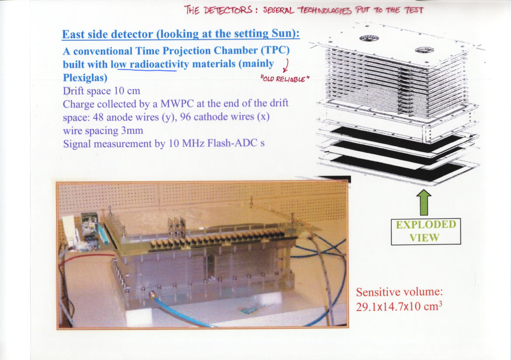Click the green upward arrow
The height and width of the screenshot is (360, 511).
click(x=424, y=203)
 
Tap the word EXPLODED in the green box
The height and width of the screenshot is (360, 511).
click(x=426, y=225)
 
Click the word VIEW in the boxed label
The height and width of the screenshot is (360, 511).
click(x=424, y=238)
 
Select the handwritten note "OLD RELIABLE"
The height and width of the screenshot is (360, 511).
click(x=285, y=79)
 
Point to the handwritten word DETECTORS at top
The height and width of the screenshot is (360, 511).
click(x=228, y=10)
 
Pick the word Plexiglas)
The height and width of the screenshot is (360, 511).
click(x=85, y=78)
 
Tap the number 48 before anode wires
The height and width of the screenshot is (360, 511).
click(x=98, y=117)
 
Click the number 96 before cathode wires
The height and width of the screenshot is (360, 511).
click(x=185, y=117)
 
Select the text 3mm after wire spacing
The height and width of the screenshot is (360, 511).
click(x=132, y=131)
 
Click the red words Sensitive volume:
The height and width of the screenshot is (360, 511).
click(x=399, y=292)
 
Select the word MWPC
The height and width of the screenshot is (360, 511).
click(x=177, y=104)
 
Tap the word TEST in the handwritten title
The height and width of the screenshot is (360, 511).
click(x=414, y=10)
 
